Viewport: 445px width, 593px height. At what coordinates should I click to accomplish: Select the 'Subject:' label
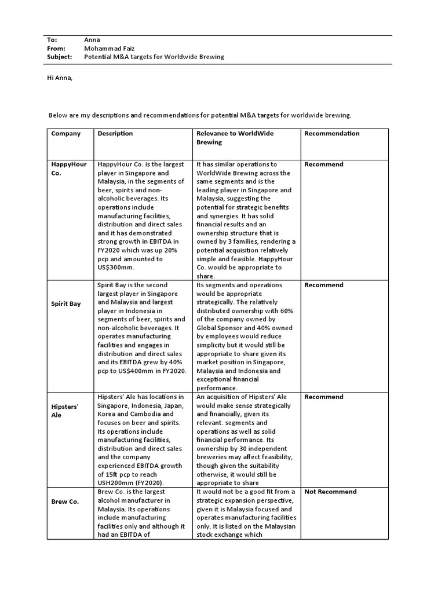coord(59,57)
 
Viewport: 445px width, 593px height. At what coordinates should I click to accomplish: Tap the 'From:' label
coord(56,49)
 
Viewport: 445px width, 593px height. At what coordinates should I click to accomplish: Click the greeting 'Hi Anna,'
coord(60,78)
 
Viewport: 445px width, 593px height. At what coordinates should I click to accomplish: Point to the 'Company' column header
coord(66,133)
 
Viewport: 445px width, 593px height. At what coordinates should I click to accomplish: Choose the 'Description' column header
coord(115,133)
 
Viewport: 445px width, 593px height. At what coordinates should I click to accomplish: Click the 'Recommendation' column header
coord(332,133)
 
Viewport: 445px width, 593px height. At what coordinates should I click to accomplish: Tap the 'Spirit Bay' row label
coord(66,303)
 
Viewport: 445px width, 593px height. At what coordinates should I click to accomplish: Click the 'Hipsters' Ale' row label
coord(64,410)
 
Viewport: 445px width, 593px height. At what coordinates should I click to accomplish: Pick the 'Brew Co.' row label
coord(65,502)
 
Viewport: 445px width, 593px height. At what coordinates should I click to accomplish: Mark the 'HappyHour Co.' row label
coord(68,168)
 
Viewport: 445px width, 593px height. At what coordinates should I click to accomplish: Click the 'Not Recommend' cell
coord(330,492)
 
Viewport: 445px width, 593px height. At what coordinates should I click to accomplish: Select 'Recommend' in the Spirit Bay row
coord(324,285)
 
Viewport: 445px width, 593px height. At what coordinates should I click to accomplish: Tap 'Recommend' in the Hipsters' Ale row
coord(324,397)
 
